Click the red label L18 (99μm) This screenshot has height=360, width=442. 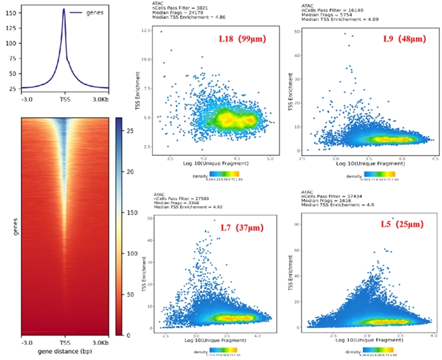coord(243,39)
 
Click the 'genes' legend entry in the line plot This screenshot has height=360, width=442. coord(97,13)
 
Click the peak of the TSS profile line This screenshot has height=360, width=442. coord(64,10)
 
